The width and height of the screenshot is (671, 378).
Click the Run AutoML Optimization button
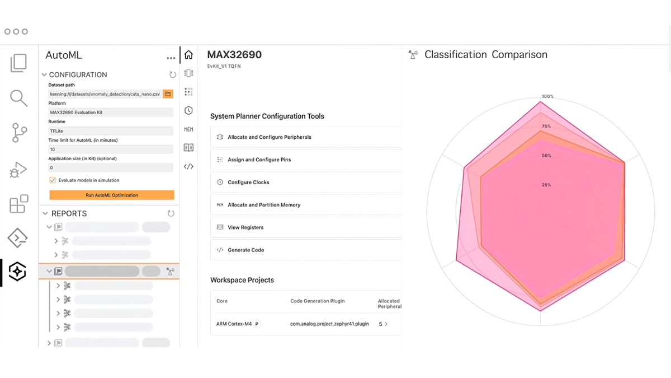[x=112, y=195]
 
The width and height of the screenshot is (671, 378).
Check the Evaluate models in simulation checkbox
[x=53, y=180]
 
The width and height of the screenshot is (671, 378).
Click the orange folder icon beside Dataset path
[x=168, y=94]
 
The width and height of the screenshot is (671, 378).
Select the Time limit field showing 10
[x=111, y=150]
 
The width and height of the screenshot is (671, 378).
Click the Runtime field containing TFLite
[x=111, y=131]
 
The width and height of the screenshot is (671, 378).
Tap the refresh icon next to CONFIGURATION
[x=173, y=74]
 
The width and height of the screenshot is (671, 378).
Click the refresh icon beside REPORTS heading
[x=171, y=213]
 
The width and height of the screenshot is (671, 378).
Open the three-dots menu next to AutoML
[x=171, y=58]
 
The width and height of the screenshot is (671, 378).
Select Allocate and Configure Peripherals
[x=270, y=137]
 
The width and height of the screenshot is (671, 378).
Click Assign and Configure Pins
[x=259, y=160]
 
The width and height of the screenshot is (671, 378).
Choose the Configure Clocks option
[x=248, y=183]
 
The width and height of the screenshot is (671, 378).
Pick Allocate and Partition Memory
[x=264, y=205]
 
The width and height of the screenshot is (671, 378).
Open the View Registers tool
[x=245, y=227]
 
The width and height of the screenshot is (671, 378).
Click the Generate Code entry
[x=245, y=250]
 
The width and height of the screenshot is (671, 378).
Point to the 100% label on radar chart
[x=547, y=97]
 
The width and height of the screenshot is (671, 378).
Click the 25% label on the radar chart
[x=546, y=185]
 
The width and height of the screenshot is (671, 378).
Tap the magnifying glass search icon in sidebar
[x=18, y=98]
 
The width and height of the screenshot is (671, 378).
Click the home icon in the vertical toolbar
[x=188, y=55]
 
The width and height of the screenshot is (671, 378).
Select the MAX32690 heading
[x=234, y=55]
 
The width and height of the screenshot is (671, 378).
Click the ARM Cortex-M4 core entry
[x=234, y=324]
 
